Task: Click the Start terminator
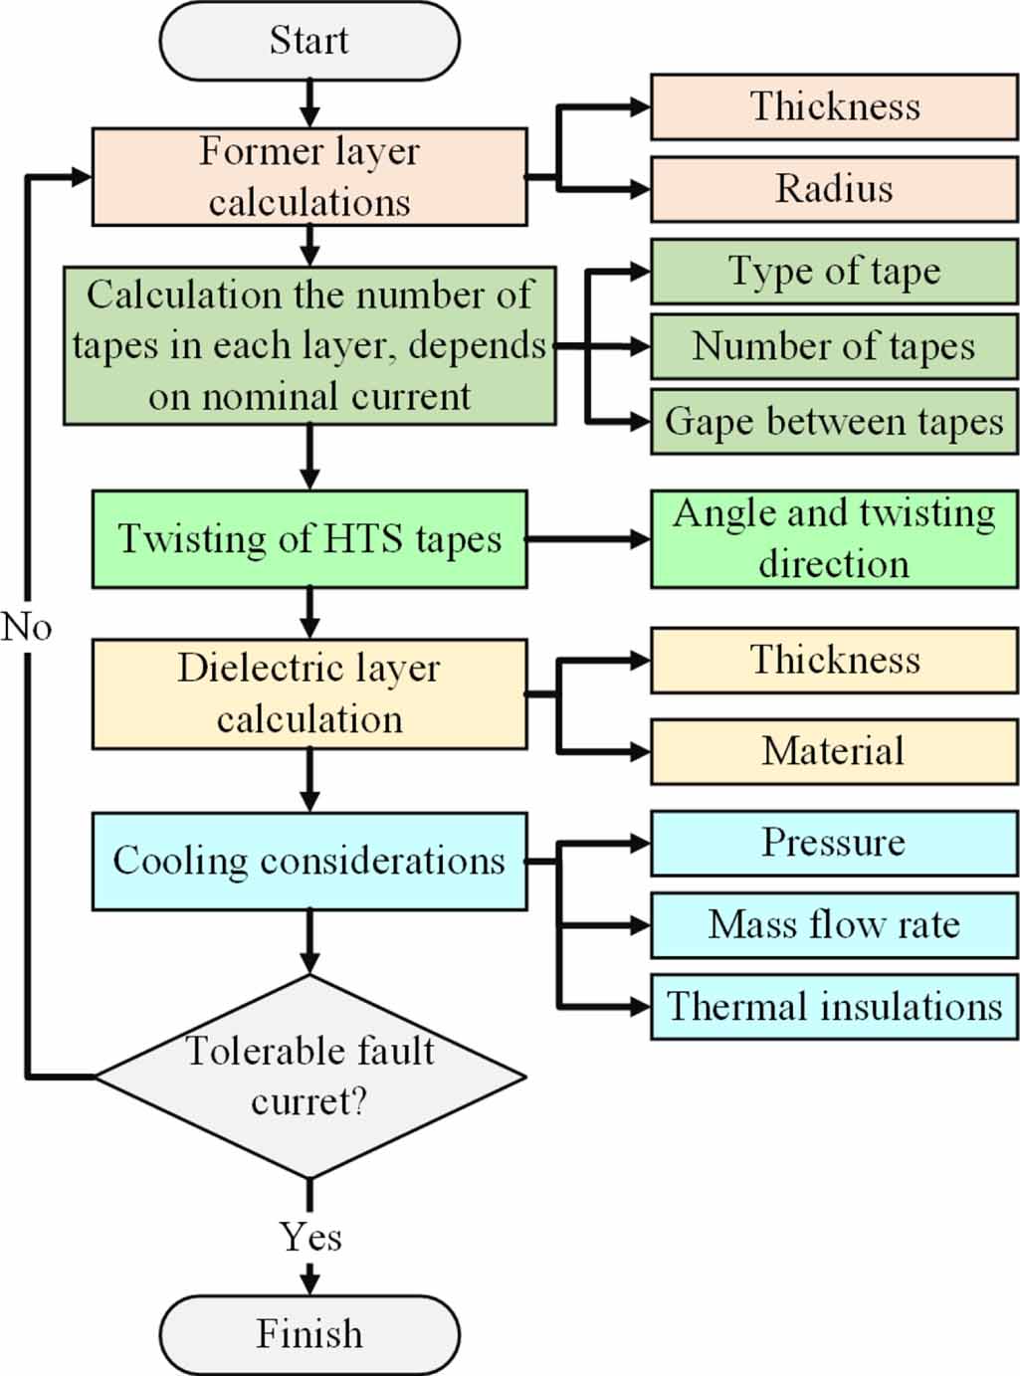[x=309, y=41]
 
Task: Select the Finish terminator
[x=309, y=1334]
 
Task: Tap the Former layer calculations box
[x=309, y=177]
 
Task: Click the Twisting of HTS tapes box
[x=309, y=538]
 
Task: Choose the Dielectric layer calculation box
[x=309, y=693]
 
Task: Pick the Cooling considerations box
[x=309, y=861]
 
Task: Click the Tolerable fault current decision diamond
[x=309, y=1077]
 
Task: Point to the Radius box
[x=834, y=188]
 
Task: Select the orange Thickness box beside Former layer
[x=834, y=106]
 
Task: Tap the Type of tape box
[x=834, y=271]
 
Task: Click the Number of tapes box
[x=834, y=346]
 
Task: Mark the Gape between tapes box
[x=834, y=422]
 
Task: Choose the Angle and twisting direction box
[x=834, y=538]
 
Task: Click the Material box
[x=834, y=751]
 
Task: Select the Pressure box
[x=834, y=843]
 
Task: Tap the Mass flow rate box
[x=834, y=925]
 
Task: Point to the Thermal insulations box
[x=834, y=1007]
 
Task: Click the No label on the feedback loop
[x=26, y=627]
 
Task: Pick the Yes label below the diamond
[x=310, y=1237]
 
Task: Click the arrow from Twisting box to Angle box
[x=588, y=538]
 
